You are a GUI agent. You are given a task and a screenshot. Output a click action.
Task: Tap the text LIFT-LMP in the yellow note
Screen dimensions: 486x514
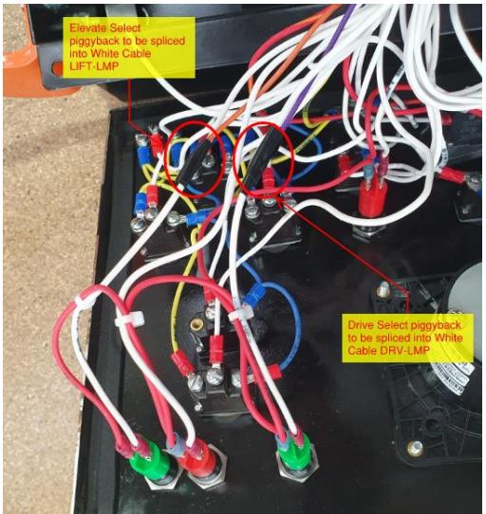click(94, 66)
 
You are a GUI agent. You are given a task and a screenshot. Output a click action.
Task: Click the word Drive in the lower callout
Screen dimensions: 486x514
click(361, 325)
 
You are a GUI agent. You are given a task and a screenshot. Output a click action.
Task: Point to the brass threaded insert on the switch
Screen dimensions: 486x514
click(196, 325)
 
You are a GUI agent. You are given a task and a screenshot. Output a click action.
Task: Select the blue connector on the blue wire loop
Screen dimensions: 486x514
click(253, 292)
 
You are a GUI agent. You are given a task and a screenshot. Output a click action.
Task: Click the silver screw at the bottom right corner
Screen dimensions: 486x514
click(416, 447)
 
